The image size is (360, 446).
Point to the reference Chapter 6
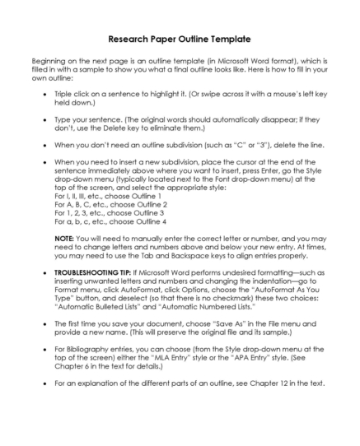pyautogui.click(x=72, y=368)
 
